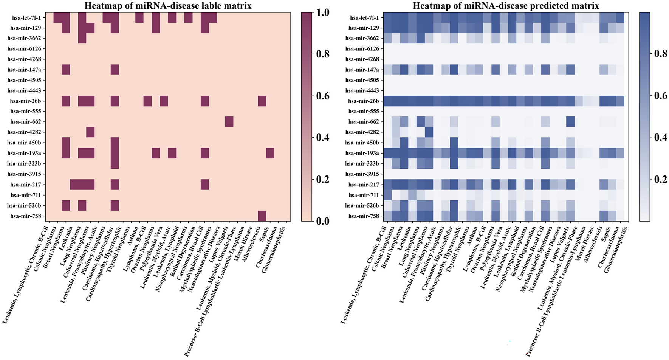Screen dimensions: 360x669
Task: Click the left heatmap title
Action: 168,6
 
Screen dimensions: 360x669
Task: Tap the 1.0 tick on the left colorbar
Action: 323,12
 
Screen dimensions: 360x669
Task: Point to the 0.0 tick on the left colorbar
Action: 323,221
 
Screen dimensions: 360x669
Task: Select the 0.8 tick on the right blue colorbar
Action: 661,54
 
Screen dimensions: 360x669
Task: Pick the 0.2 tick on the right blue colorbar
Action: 661,179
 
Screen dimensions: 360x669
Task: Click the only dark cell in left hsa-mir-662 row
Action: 229,122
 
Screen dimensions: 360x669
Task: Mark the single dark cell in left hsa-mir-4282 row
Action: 90,132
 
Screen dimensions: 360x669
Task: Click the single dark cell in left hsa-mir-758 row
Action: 262,216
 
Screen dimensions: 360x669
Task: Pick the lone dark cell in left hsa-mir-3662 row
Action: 82,38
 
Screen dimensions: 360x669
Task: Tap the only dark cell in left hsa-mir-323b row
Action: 115,164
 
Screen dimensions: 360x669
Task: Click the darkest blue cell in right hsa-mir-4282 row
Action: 429,132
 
